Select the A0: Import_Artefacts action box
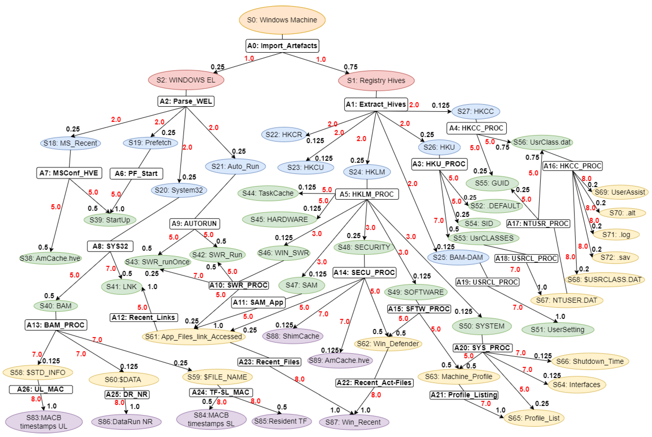(282, 46)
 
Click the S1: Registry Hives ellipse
(376, 81)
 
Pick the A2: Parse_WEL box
(186, 101)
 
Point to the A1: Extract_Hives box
(376, 104)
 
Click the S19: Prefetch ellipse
(150, 143)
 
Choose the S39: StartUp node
(110, 220)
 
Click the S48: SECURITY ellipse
(364, 247)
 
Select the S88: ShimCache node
(292, 336)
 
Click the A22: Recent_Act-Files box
(374, 383)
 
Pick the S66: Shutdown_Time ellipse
(590, 361)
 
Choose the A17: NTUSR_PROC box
(538, 223)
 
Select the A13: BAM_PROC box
(56, 325)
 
